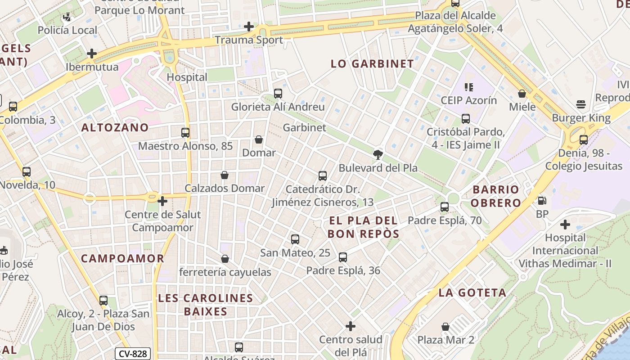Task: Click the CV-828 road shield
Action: tap(133, 354)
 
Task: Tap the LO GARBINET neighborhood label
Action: tap(372, 64)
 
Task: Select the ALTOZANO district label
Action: tap(115, 127)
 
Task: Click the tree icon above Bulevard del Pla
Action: tap(378, 155)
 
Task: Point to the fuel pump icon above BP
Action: tap(542, 201)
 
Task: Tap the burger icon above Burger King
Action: tap(581, 105)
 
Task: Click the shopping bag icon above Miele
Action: tap(522, 94)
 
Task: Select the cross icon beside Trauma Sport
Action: tap(248, 27)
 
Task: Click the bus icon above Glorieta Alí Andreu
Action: tap(278, 94)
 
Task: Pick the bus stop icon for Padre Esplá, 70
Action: tap(445, 207)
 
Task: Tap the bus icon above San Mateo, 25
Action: tap(295, 239)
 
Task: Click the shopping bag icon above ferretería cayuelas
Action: tap(225, 259)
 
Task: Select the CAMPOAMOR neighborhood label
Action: tap(122, 258)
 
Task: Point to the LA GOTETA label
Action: tap(472, 292)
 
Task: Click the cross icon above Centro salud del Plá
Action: tap(351, 326)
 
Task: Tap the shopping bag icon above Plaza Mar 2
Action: tap(445, 327)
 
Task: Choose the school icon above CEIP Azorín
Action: tap(468, 87)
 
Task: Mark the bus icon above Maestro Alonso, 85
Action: tap(185, 133)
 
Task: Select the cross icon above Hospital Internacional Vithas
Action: tap(565, 224)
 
